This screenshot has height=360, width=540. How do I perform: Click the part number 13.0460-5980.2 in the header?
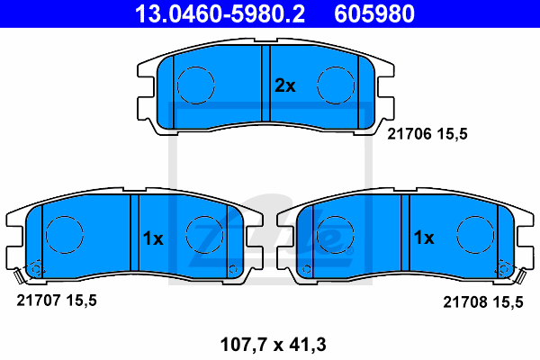click(x=220, y=13)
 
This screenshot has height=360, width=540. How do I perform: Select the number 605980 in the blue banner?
click(x=374, y=13)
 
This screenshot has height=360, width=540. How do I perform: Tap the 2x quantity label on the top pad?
click(x=284, y=85)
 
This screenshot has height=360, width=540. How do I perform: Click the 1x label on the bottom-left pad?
click(x=153, y=238)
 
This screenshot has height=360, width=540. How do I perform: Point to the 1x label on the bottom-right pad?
click(x=424, y=238)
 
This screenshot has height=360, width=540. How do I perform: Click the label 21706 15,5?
click(x=427, y=134)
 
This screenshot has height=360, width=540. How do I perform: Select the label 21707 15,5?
click(x=57, y=301)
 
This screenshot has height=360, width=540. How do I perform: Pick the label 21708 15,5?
click(x=482, y=302)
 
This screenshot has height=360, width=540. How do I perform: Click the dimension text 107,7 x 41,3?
click(x=273, y=345)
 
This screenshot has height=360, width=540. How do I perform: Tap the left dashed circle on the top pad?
click(x=195, y=67)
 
